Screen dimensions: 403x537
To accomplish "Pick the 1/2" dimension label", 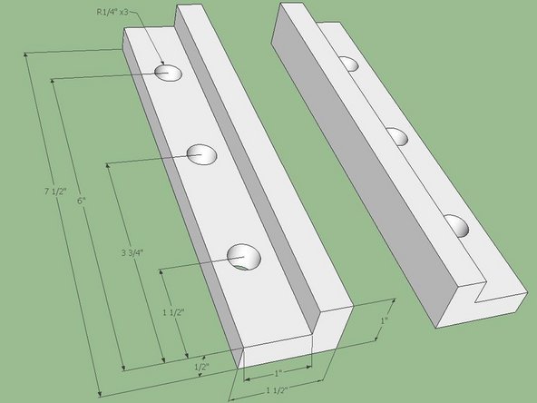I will tap(202, 367).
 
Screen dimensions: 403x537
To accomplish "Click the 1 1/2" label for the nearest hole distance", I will tap(171, 311).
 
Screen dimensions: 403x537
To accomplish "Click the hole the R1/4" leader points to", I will tap(168, 72).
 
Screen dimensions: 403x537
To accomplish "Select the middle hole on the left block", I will tap(202, 154).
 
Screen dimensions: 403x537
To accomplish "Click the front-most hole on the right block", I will tap(457, 226).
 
